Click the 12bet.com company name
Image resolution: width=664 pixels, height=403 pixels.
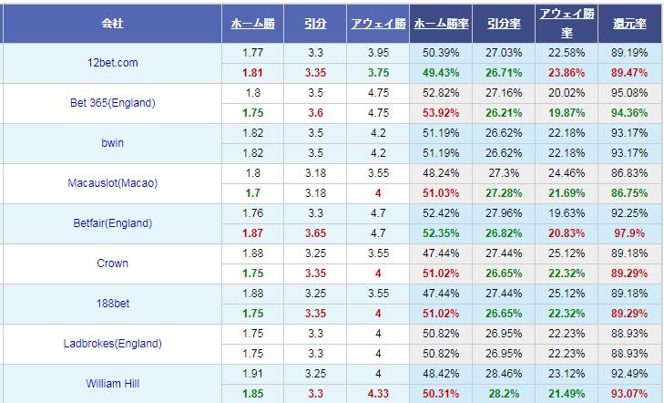click(112, 62)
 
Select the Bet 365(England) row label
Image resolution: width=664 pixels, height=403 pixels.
click(112, 103)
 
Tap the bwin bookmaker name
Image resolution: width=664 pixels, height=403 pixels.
click(112, 143)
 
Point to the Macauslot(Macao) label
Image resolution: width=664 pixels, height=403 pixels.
click(112, 183)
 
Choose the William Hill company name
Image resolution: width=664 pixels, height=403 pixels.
click(112, 384)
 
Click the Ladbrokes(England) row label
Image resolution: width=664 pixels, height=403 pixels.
click(112, 344)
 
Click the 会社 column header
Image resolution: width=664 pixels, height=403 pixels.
click(112, 21)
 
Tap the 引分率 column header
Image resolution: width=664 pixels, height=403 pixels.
click(503, 21)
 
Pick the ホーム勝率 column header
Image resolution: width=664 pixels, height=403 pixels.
click(441, 21)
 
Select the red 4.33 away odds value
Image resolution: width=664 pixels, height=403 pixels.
click(378, 393)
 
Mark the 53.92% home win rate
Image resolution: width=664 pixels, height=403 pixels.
click(442, 112)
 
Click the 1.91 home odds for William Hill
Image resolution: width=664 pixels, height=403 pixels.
click(253, 373)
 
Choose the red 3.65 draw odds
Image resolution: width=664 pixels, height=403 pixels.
click(316, 232)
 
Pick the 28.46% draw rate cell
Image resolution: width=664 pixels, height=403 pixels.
click(504, 373)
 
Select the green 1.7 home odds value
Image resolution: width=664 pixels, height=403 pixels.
click(253, 192)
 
